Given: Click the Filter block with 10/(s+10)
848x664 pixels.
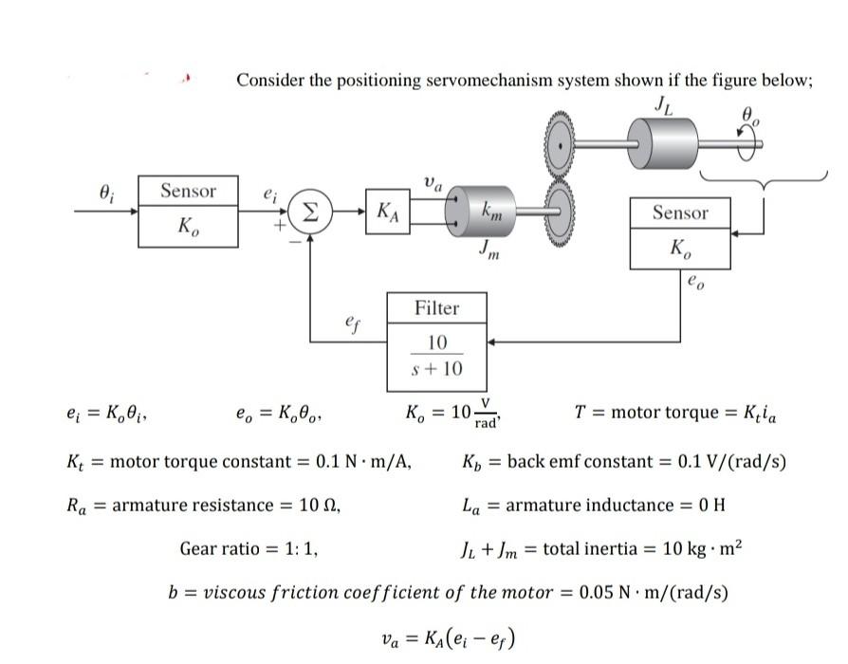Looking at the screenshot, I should tap(437, 341).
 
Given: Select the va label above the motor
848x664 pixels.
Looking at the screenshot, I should tap(433, 180).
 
